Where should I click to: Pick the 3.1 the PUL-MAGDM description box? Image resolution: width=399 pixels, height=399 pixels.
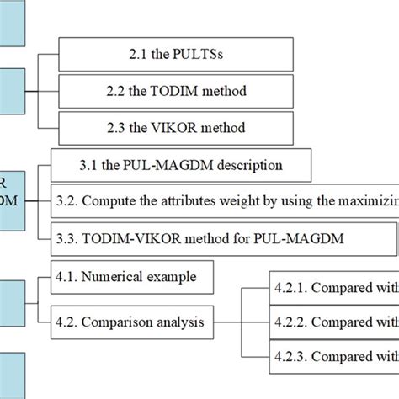(180, 164)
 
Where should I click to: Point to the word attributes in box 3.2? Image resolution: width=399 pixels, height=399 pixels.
(189, 201)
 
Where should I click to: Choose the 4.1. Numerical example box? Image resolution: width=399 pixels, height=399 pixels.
(132, 276)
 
